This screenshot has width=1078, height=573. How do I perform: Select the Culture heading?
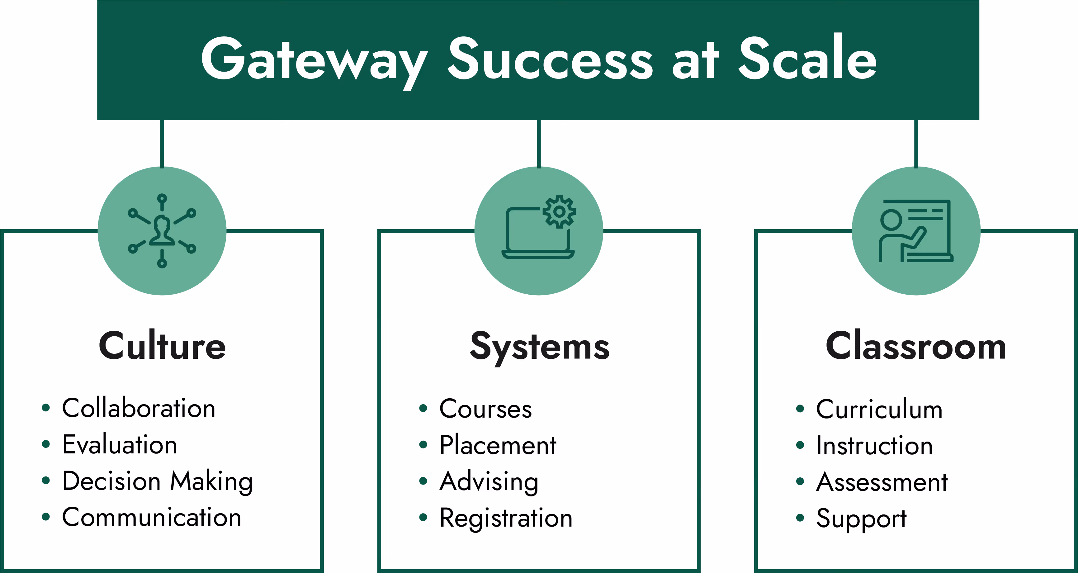(162, 346)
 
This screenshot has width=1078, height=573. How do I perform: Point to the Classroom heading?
(916, 346)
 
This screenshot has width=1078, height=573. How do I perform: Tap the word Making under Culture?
(211, 481)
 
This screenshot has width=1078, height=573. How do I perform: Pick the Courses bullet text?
(485, 409)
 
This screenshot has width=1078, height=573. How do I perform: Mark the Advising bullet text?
(489, 482)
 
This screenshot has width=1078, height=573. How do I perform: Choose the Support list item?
(861, 519)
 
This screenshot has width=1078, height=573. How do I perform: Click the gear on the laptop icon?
(560, 212)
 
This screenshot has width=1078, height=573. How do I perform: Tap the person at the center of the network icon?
(162, 230)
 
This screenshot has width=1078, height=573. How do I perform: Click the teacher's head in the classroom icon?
(891, 220)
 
